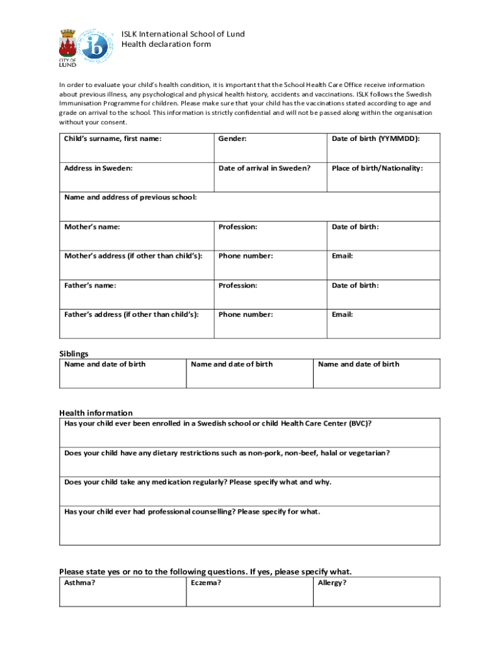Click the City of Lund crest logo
point(68,47)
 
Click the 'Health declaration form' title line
point(166,44)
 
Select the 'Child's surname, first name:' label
point(112,139)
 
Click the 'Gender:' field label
point(232,139)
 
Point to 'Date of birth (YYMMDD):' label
point(376,139)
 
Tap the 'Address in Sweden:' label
point(98,168)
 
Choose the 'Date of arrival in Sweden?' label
point(264,168)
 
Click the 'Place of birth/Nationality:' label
point(377,168)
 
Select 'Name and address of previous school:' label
point(131,197)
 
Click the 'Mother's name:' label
point(92,227)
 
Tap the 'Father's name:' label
point(90,285)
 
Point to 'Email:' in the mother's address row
point(342,256)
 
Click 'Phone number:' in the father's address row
point(245,314)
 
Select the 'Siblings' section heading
point(74,354)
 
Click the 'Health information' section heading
point(95,413)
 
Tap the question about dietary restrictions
point(227,453)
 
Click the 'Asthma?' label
point(80,583)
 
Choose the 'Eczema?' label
point(206,583)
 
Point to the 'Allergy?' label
point(332,583)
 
